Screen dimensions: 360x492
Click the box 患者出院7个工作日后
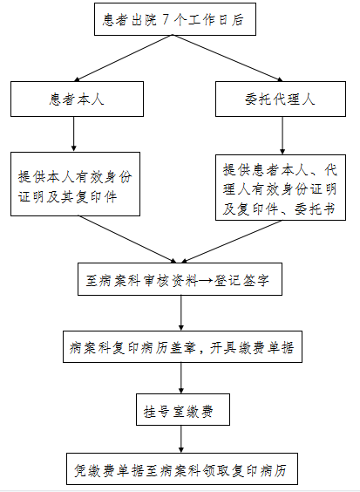(175, 19)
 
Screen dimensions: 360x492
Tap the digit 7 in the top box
(166, 20)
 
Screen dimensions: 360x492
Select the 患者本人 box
(77, 99)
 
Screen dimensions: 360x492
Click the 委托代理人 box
(281, 99)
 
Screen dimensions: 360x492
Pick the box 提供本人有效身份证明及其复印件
(75, 184)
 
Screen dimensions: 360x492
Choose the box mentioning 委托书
(281, 188)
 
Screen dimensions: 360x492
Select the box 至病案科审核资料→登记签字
(180, 279)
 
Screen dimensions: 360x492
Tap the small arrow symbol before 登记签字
(206, 280)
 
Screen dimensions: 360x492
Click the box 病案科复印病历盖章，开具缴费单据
(182, 346)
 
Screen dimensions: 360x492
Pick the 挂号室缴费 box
(183, 410)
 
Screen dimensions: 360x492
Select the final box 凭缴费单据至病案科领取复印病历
(182, 469)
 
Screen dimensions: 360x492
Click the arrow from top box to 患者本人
(123, 58)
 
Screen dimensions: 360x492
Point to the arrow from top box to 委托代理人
(228, 58)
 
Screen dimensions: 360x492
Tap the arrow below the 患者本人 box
(74, 134)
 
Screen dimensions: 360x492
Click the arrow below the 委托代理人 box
(282, 135)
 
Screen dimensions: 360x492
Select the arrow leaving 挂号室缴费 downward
(181, 439)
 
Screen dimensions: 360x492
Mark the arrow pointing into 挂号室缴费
(181, 378)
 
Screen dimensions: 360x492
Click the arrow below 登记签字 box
(181, 313)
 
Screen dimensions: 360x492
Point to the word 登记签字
(241, 280)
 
